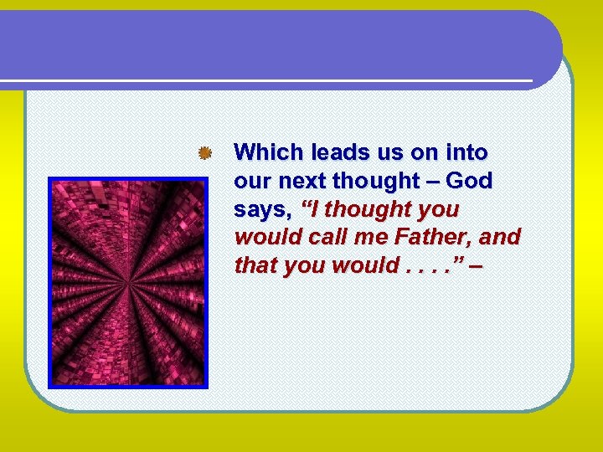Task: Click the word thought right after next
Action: (378, 181)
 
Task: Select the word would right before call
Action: (268, 238)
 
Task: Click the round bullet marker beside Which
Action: (203, 153)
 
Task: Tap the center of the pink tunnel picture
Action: (127, 283)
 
